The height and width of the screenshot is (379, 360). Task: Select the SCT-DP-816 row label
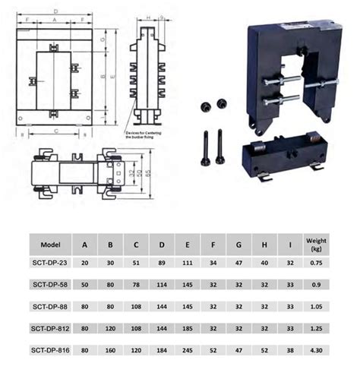click(51, 350)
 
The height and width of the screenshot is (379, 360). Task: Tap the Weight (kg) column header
click(317, 245)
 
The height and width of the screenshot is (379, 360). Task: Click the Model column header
click(51, 245)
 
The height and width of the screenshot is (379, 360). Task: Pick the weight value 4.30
click(317, 350)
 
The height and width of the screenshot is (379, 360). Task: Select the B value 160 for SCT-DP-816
click(110, 350)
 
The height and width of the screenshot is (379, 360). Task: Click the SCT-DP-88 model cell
click(51, 308)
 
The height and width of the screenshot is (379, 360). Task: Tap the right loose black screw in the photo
click(219, 147)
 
